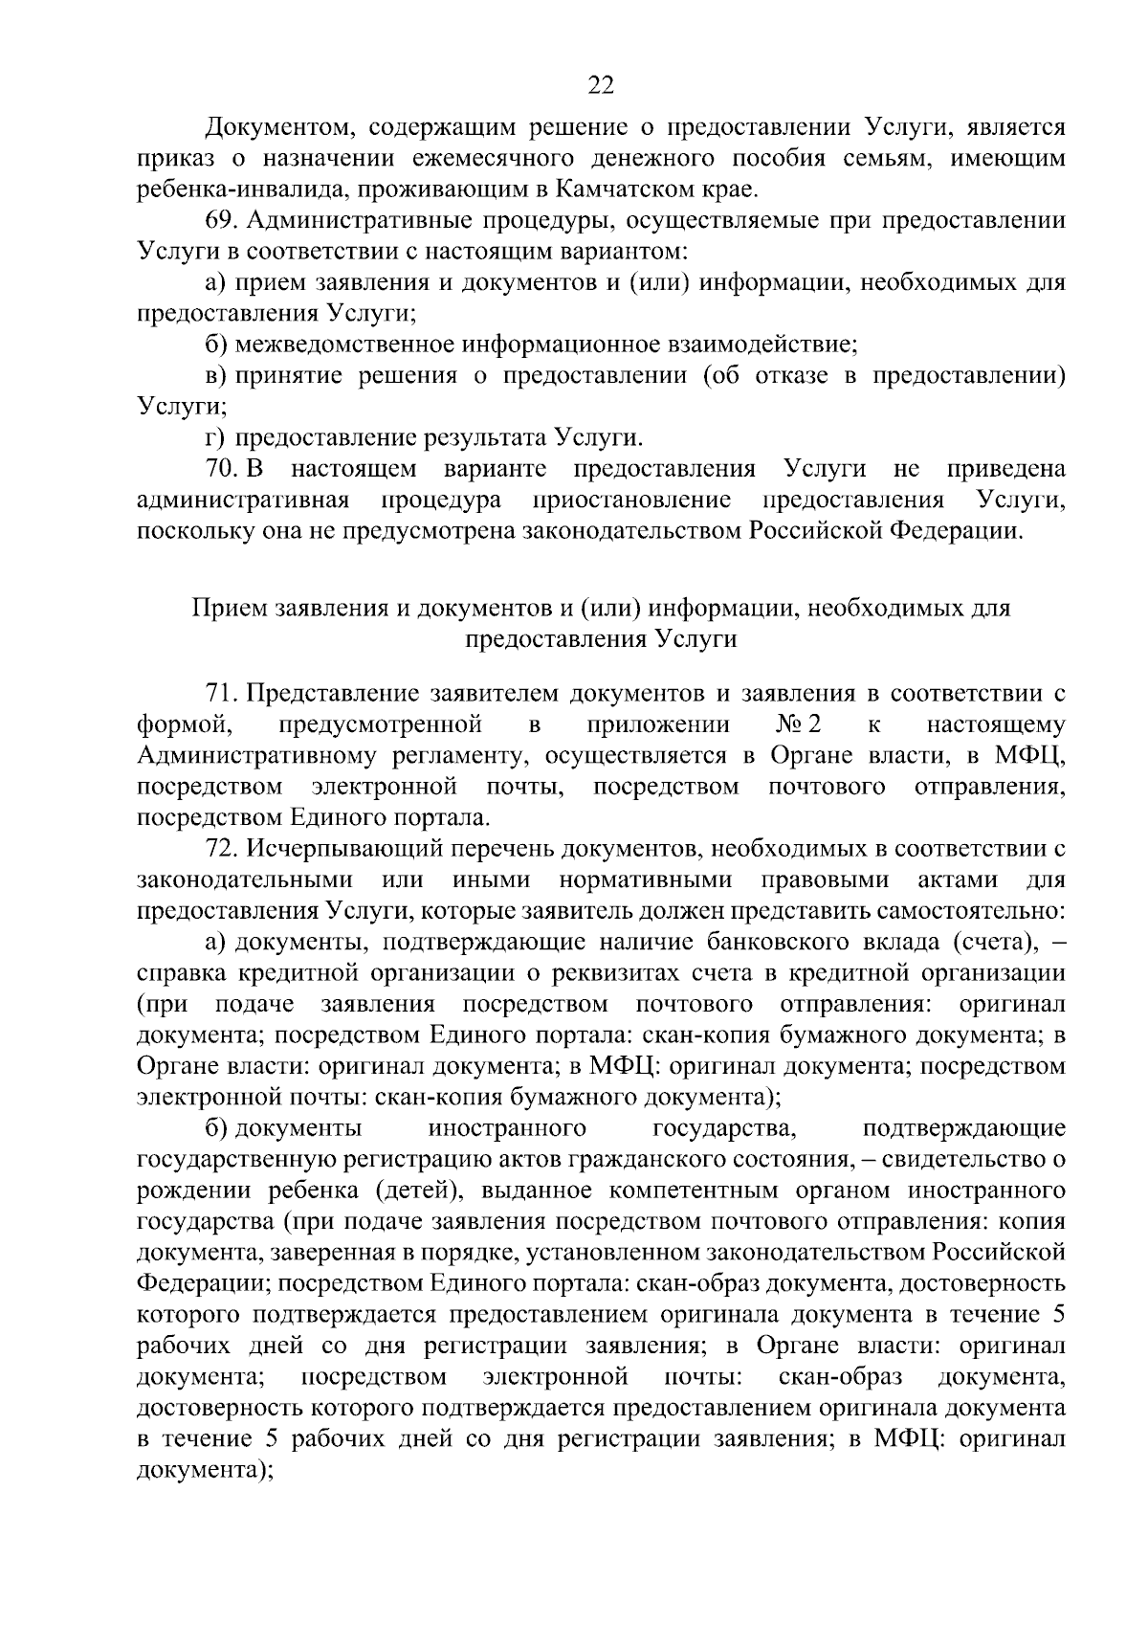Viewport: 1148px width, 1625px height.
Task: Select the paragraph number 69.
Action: pyautogui.click(x=224, y=220)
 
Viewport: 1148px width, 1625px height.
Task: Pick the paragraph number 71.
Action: pyautogui.click(x=224, y=693)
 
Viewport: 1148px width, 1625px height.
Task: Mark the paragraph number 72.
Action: pyautogui.click(x=224, y=848)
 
